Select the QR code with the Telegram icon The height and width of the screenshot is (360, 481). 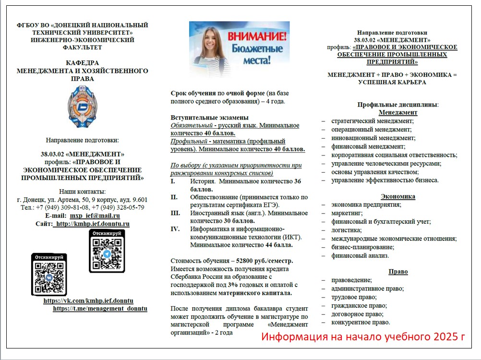(x=107, y=252)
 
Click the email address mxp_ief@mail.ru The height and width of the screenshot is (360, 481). (x=95, y=216)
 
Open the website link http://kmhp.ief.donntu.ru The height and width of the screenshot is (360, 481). (x=92, y=224)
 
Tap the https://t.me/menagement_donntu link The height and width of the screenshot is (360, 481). (x=100, y=309)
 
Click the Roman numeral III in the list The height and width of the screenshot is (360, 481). (x=175, y=213)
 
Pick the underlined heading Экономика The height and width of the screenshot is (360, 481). (x=398, y=196)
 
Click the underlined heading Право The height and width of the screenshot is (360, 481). (x=398, y=272)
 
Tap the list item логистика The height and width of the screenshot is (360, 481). (x=345, y=230)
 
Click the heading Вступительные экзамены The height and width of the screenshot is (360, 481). (x=209, y=118)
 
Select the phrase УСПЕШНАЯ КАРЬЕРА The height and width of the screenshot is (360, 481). (x=391, y=82)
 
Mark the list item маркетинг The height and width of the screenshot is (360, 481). (x=347, y=213)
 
